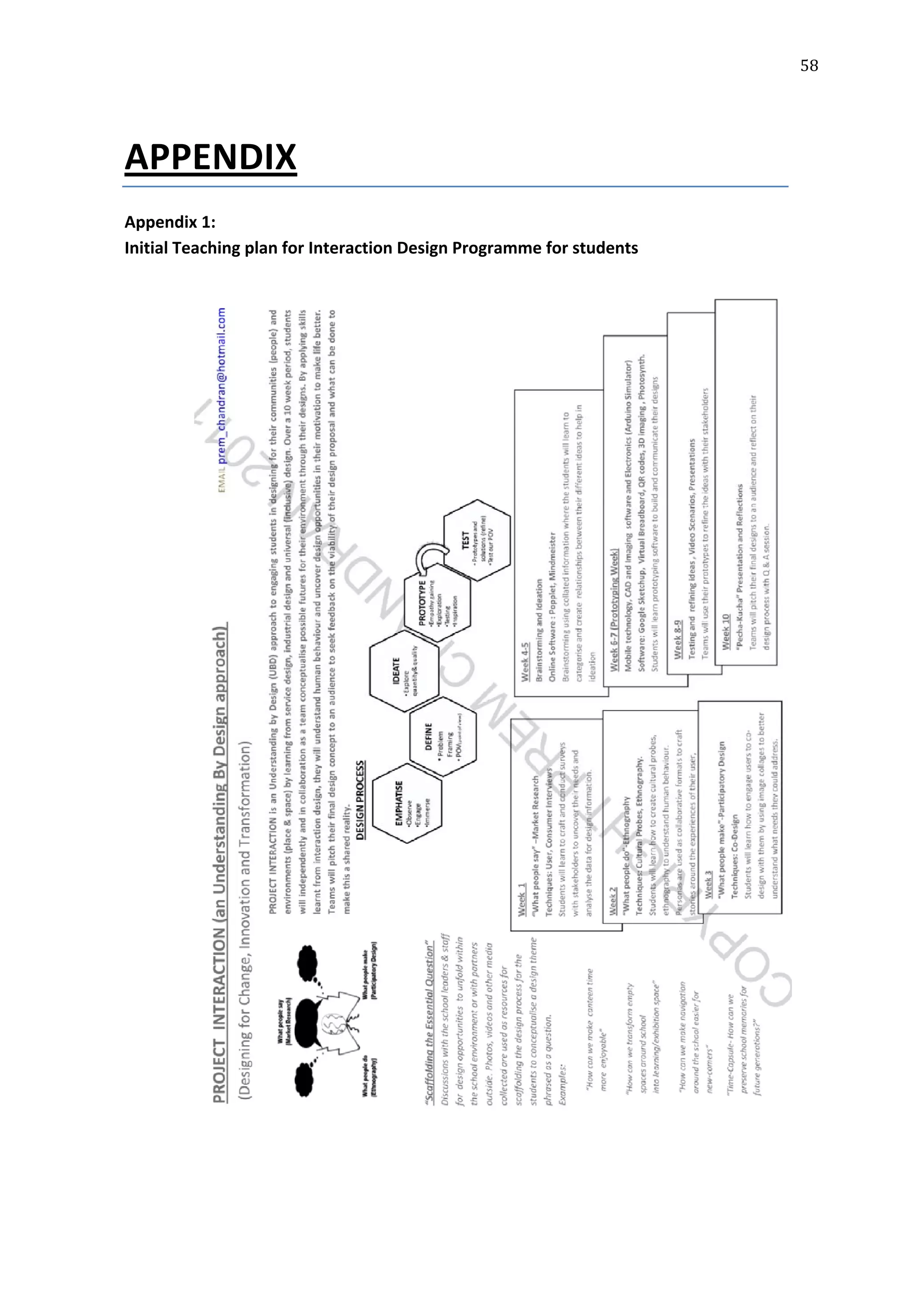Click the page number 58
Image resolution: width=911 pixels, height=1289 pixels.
809,66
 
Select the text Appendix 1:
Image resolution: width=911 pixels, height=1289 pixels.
169,222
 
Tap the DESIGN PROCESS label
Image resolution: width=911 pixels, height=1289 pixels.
360,800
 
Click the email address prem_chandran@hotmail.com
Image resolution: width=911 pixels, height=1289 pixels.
222,385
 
